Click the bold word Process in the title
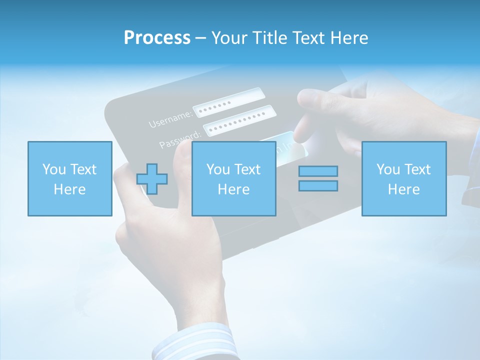157,38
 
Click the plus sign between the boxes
152,179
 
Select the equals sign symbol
318,178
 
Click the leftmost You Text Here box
69,178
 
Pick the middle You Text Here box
233,178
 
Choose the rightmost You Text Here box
403,178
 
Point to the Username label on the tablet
170,119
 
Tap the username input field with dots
228,102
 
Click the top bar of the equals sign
318,171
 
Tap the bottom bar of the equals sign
318,186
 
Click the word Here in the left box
69,189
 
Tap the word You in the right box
388,169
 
